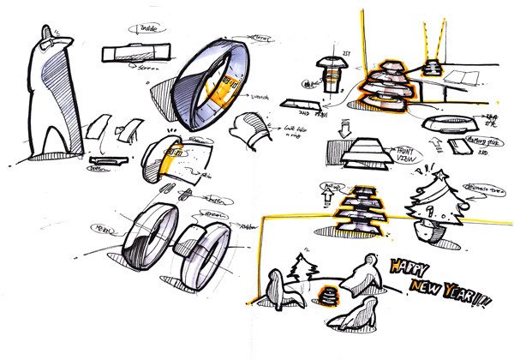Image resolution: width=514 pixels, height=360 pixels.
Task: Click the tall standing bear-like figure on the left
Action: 47,94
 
